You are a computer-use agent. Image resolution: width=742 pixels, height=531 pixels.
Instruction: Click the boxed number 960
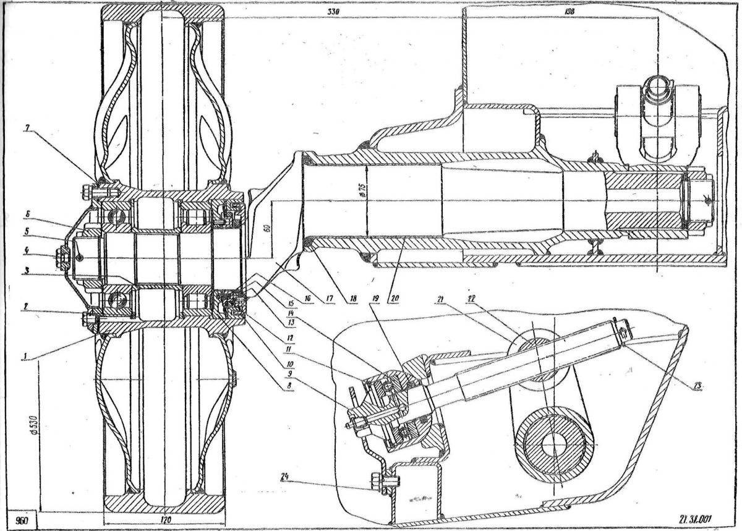(x=19, y=520)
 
